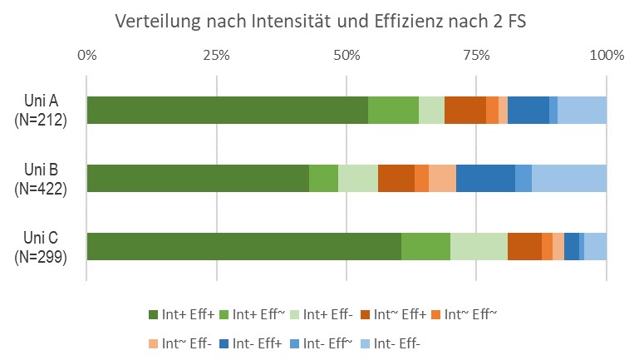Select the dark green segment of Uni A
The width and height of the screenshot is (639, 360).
tap(227, 111)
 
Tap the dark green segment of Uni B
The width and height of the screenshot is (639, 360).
tap(198, 178)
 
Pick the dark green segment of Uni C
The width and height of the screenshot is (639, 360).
tap(243, 247)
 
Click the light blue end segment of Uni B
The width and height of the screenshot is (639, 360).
tap(569, 178)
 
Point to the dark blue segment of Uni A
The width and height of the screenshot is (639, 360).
tap(528, 111)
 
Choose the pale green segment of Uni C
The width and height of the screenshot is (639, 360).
tap(479, 247)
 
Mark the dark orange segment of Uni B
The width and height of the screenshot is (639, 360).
tap(396, 178)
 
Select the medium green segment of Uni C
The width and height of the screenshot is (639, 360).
tap(425, 247)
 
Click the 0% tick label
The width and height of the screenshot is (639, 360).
tap(86, 56)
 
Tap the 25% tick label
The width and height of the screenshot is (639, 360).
tap(216, 56)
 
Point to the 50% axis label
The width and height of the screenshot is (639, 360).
tap(347, 56)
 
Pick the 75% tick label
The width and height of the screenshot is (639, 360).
tap(476, 56)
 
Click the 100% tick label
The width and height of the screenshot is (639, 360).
tap(606, 56)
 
